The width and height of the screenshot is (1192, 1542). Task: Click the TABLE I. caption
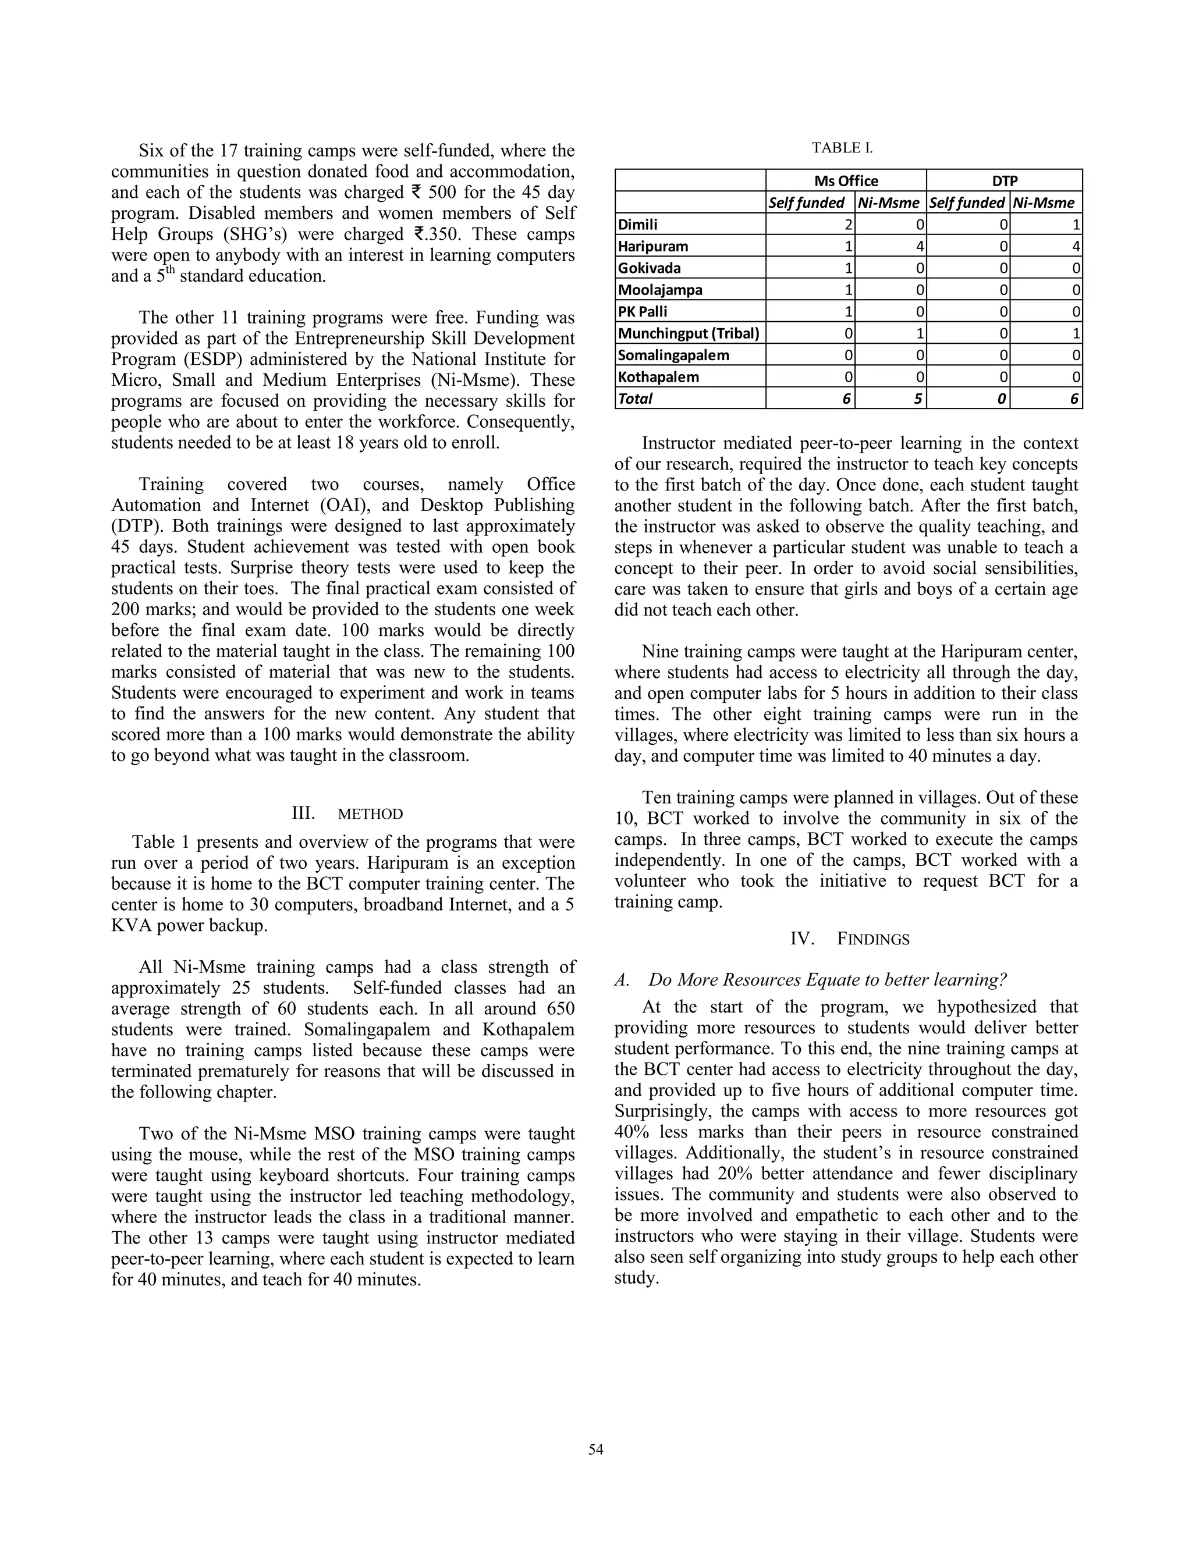pyautogui.click(x=842, y=148)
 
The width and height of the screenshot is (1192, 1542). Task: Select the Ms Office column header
pyautogui.click(x=846, y=181)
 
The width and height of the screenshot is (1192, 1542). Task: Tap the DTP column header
pyautogui.click(x=1004, y=181)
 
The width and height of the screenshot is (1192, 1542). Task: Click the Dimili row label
pyautogui.click(x=638, y=225)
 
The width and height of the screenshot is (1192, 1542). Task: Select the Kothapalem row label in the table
pyautogui.click(x=658, y=377)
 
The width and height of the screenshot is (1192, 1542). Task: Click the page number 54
pyautogui.click(x=595, y=1449)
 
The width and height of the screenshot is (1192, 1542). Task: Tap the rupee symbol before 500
pyautogui.click(x=416, y=192)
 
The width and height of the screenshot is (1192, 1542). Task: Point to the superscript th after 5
pyautogui.click(x=169, y=269)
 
